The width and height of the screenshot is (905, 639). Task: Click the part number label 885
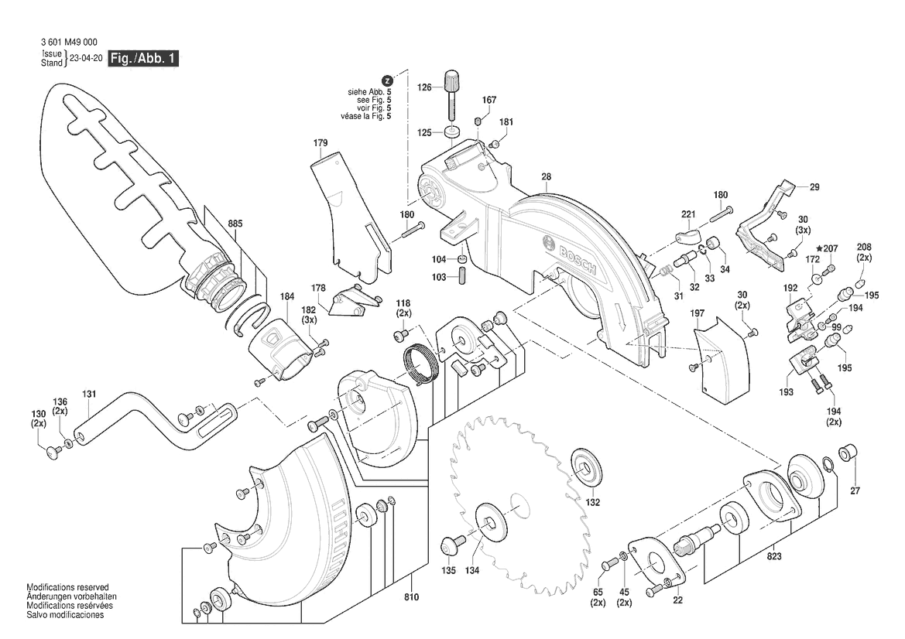coord(235,224)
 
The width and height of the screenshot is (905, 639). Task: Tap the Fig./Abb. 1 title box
coord(144,58)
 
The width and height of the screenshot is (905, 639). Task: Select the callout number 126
coord(424,88)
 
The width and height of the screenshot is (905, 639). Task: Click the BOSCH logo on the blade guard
coord(574,256)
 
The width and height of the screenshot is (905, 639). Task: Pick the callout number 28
coord(546,177)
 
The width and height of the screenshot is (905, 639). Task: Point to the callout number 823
coord(774,556)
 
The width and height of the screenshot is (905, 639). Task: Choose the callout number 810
coord(411,596)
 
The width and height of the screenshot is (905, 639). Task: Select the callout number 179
coord(321,143)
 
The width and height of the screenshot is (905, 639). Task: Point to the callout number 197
coord(698,313)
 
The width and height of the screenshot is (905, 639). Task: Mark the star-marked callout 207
coord(829,249)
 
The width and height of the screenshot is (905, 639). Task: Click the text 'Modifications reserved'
coord(67,588)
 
